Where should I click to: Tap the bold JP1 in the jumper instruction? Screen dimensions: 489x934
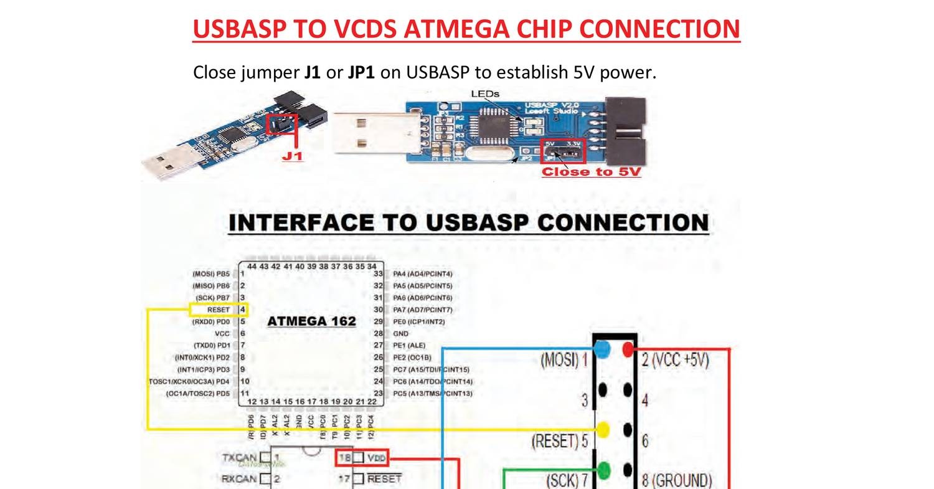tap(361, 72)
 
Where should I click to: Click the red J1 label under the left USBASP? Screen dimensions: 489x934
tap(292, 156)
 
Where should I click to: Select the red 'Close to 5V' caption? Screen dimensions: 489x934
tap(591, 172)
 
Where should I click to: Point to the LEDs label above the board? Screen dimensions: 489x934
tap(485, 94)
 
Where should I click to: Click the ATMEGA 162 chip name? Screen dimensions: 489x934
tap(311, 321)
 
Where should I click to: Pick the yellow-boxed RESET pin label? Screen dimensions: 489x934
tap(219, 310)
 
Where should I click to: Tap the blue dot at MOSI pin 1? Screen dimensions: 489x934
tap(601, 349)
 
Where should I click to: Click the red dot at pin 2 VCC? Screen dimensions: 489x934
tap(628, 349)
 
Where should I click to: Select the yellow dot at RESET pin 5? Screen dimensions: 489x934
tap(602, 430)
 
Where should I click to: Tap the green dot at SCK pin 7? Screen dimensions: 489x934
tap(602, 469)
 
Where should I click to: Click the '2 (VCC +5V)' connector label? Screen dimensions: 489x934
tap(676, 360)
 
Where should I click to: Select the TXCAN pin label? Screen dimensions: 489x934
tap(239, 458)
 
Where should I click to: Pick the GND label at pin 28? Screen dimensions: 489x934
tap(401, 334)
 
